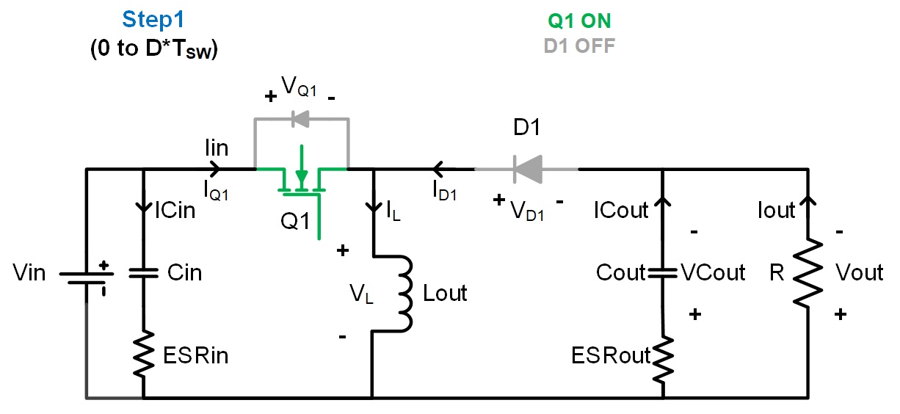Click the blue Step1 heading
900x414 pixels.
point(155,20)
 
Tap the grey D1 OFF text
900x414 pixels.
point(579,46)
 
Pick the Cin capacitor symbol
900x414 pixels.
point(142,273)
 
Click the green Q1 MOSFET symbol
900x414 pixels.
point(301,180)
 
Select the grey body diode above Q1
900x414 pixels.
point(301,118)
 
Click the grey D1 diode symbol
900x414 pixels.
point(526,170)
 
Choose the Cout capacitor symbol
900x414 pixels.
point(662,273)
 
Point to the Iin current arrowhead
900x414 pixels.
point(214,170)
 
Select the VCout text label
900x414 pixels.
point(713,273)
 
